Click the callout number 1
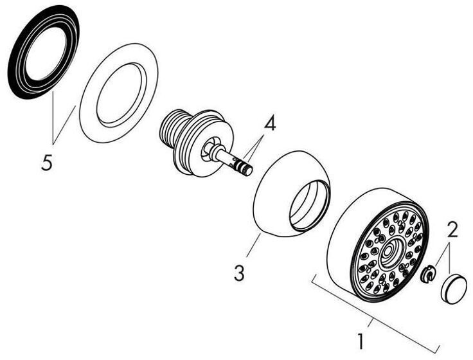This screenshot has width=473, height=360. click(x=362, y=339)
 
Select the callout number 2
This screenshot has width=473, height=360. click(x=452, y=228)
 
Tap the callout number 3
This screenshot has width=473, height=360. click(x=239, y=273)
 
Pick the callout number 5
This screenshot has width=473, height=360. click(x=46, y=163)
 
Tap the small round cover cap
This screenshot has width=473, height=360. click(x=454, y=286)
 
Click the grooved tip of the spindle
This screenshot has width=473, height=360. click(x=243, y=168)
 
